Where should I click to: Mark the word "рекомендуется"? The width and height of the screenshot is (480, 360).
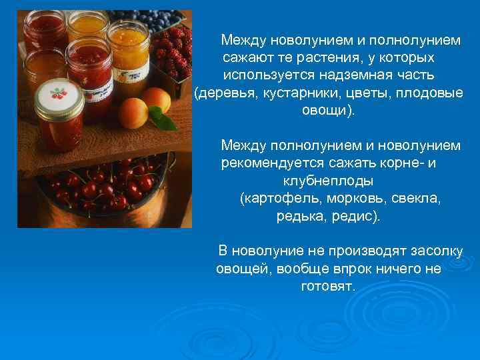pyautogui.click(x=273, y=163)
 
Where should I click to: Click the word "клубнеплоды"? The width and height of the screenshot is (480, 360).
pyautogui.click(x=328, y=181)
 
